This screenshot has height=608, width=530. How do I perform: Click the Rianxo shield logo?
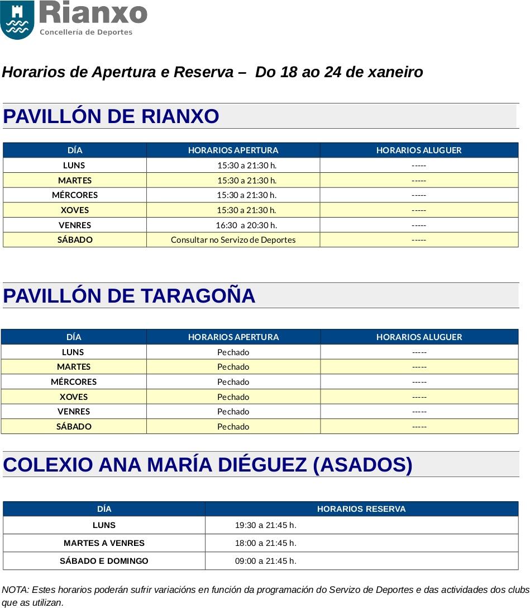[x=17, y=20]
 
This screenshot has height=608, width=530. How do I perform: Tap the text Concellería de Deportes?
[x=86, y=32]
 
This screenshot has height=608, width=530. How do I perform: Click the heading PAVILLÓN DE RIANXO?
[x=111, y=116]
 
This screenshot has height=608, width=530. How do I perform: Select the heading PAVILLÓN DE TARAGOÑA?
[x=129, y=296]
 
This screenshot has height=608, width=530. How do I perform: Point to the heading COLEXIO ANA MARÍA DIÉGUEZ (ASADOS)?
[x=208, y=465]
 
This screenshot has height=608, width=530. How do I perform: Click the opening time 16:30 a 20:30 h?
[x=246, y=225]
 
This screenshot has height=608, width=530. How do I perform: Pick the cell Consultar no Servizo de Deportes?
[x=233, y=239]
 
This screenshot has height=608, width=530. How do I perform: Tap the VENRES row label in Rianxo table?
[x=75, y=225]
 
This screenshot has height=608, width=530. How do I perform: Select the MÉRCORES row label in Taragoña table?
[x=74, y=381]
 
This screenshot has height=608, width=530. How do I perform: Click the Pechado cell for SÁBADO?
[x=233, y=426]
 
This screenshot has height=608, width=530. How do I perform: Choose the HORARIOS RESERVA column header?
[x=361, y=509]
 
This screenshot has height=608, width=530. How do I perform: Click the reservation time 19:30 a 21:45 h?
[x=265, y=525]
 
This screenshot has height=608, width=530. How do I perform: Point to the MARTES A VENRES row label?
[x=104, y=543]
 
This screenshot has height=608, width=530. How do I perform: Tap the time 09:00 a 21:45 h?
[x=265, y=561]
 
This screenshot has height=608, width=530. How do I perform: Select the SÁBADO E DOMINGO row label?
[x=104, y=561]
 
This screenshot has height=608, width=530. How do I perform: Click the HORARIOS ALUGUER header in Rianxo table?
[x=419, y=150]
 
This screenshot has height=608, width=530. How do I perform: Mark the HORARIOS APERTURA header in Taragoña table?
[x=233, y=337]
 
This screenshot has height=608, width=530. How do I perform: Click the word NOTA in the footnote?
[x=15, y=590]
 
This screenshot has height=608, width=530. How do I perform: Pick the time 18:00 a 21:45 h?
[x=265, y=543]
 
